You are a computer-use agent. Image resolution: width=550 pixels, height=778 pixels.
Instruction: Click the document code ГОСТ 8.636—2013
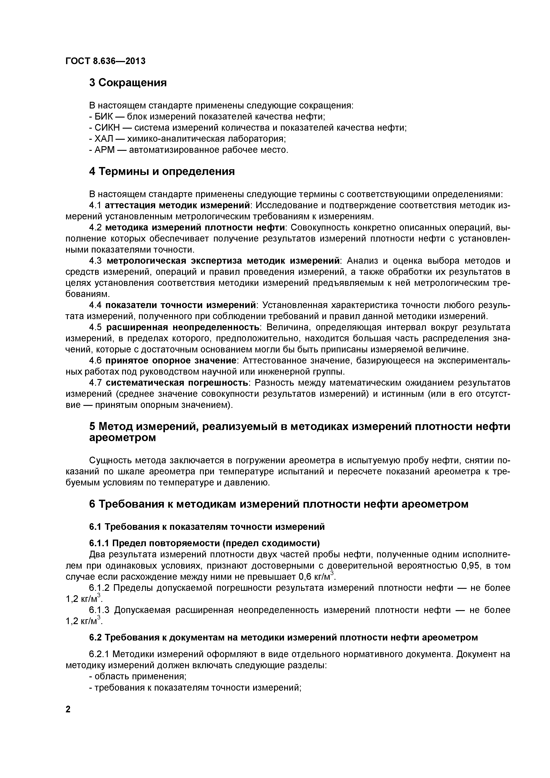pos(105,61)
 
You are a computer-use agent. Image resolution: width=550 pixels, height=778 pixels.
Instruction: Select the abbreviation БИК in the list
pos(102,117)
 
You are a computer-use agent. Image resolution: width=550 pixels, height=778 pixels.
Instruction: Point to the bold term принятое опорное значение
pos(171,360)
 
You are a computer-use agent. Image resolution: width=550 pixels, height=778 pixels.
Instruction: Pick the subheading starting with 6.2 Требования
pos(283,637)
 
